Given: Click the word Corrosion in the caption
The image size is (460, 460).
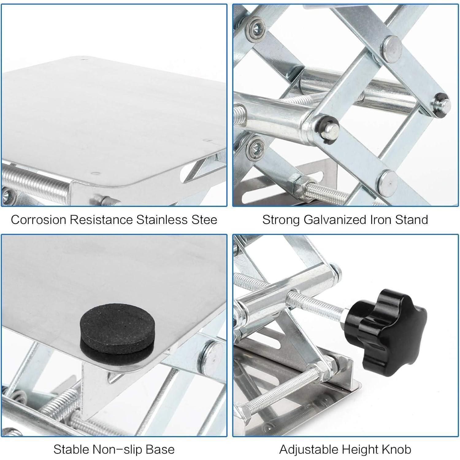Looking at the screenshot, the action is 38,220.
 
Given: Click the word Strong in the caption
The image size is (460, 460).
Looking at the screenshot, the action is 281,220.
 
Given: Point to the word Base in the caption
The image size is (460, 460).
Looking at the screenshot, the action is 159,450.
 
